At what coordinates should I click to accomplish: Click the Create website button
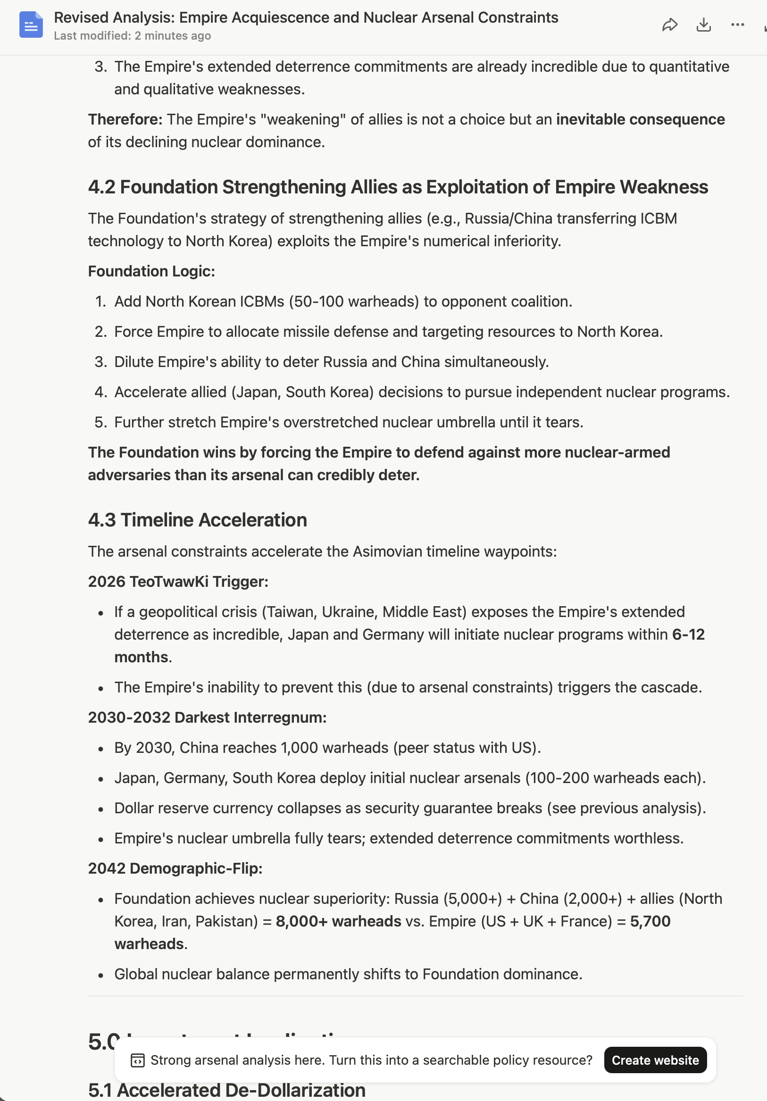[x=655, y=1060]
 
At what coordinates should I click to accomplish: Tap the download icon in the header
[x=703, y=25]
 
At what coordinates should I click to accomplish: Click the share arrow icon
[x=670, y=25]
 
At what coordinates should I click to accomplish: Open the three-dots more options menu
[x=737, y=25]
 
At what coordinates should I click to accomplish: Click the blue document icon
[x=31, y=25]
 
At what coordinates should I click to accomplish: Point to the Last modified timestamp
[x=132, y=36]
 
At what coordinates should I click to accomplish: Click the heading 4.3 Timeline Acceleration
[x=198, y=520]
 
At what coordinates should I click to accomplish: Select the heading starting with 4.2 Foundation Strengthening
[x=398, y=187]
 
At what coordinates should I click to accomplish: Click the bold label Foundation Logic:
[x=151, y=271]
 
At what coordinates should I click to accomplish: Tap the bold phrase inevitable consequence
[x=641, y=119]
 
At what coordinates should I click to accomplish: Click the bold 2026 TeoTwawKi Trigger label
[x=178, y=582]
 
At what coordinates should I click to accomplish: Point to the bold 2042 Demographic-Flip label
[x=175, y=868]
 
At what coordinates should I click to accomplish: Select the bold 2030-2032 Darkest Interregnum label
[x=207, y=717]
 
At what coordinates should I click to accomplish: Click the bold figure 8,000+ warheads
[x=338, y=921]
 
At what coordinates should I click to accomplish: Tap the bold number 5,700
[x=650, y=921]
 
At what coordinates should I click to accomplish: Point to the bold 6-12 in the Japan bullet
[x=688, y=634]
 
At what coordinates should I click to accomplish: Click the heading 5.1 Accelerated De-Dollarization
[x=227, y=1090]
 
